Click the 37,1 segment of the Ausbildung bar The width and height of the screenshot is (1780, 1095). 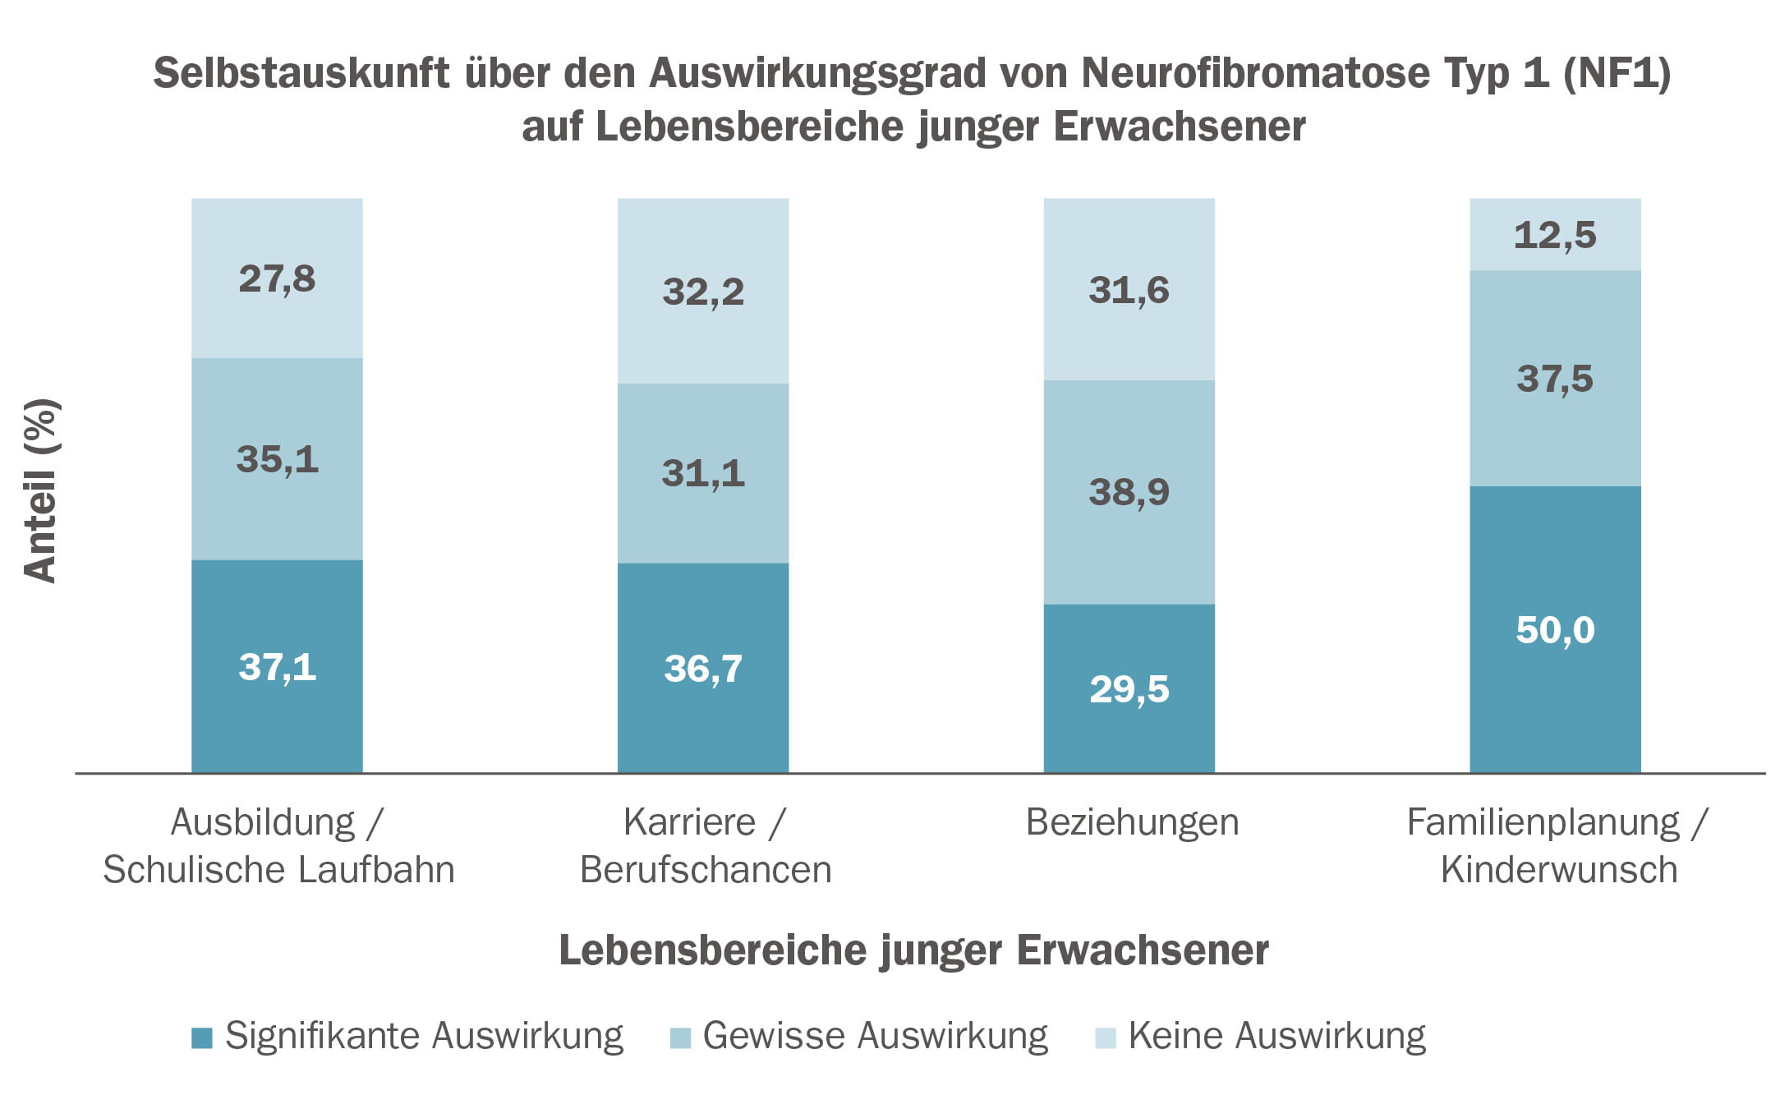click(277, 666)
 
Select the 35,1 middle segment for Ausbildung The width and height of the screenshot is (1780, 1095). click(277, 458)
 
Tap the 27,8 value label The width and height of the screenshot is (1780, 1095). click(277, 278)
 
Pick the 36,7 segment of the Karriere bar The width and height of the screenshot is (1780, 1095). click(703, 668)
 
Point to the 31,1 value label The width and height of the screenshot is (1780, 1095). click(703, 473)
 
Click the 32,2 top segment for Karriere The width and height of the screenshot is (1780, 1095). click(703, 292)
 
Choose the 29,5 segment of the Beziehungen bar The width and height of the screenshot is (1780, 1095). click(1129, 688)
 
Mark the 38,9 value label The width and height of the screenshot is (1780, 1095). click(1129, 492)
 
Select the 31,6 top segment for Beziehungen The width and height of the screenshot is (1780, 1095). click(1129, 290)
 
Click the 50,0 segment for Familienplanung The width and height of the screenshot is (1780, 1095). click(1555, 630)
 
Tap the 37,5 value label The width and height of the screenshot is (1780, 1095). click(1555, 379)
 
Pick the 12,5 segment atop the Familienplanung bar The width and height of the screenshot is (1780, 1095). click(1555, 235)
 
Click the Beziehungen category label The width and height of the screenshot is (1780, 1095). click(1132, 822)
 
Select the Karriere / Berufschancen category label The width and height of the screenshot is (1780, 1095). click(706, 845)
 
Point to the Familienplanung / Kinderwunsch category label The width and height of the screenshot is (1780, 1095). click(1557, 845)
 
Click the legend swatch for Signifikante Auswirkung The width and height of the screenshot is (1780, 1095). click(202, 1037)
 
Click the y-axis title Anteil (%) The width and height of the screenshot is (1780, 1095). click(40, 490)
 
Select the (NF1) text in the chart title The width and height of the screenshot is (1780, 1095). click(1616, 73)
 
